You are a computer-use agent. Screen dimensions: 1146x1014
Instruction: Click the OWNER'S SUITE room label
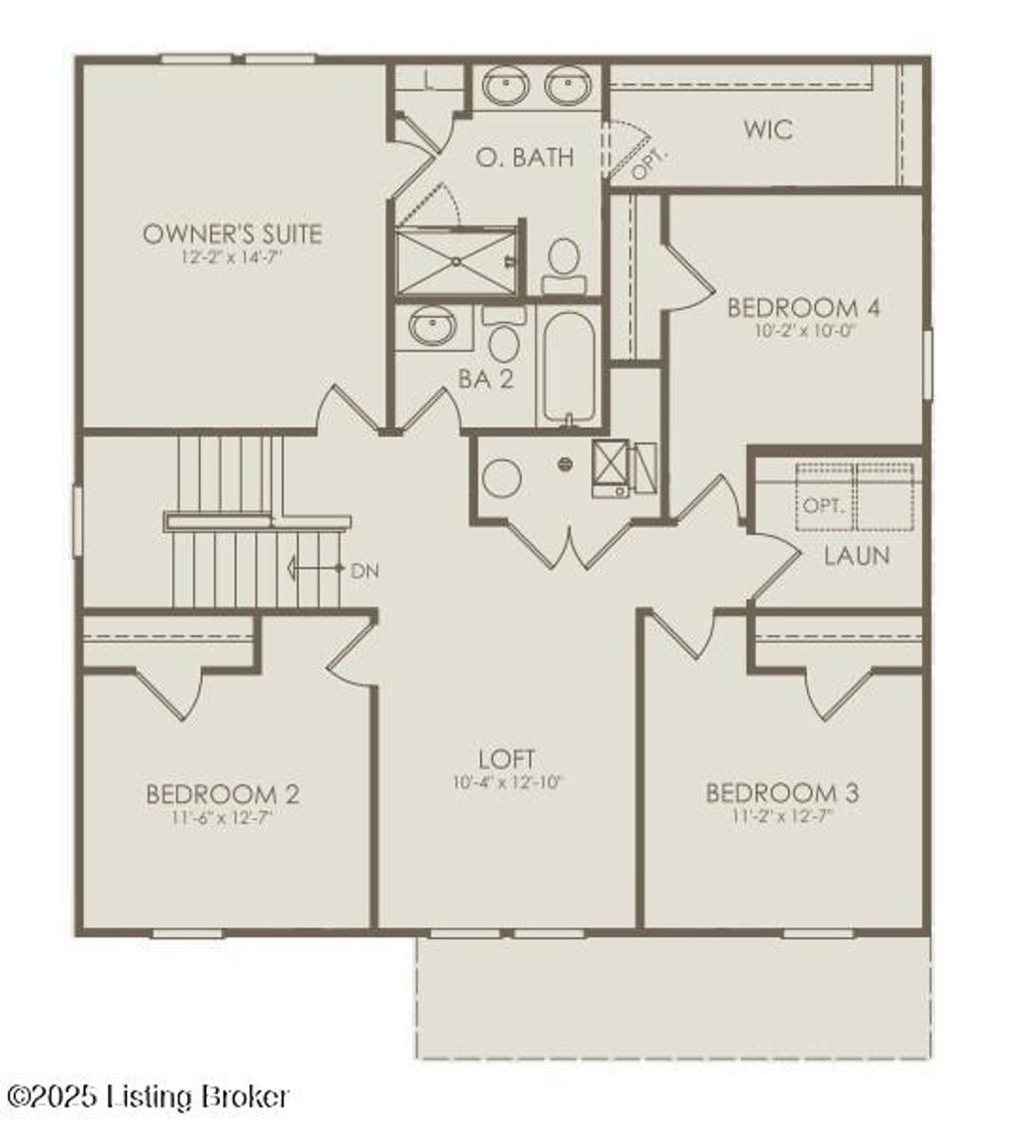pos(233,234)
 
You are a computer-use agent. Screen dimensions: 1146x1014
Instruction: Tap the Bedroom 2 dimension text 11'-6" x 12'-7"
pos(223,818)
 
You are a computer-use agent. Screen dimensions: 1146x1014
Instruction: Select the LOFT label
pos(506,760)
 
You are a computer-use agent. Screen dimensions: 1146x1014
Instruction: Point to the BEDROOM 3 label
pos(782,793)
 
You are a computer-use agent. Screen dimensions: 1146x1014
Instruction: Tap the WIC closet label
pos(768,130)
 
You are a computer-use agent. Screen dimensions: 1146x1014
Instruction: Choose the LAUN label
pos(857,556)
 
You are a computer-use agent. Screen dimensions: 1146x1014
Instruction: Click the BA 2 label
pos(485,379)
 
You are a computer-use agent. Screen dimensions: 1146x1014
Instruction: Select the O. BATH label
pos(524,156)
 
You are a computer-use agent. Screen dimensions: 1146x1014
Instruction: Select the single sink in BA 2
pos(433,326)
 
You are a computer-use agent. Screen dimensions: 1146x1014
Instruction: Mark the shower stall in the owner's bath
pos(456,260)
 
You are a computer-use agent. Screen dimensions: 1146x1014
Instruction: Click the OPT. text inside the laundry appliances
pos(823,505)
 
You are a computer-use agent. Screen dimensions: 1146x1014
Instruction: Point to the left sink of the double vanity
pos(506,85)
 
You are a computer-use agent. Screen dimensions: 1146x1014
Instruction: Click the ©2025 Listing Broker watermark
pos(149,1095)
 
